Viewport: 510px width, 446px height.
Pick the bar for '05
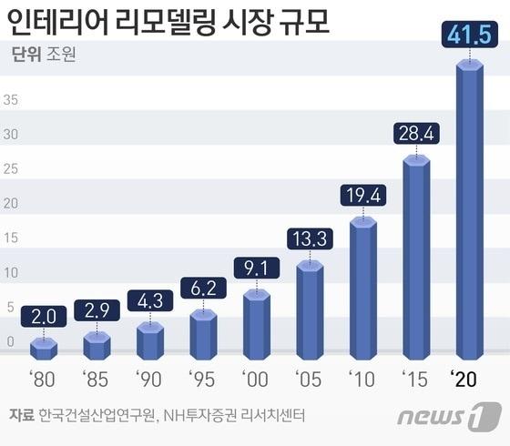(x=310, y=309)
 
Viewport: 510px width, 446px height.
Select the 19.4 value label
(x=362, y=195)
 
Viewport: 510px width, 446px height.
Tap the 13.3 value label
(x=310, y=238)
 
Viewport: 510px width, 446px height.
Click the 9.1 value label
(x=256, y=268)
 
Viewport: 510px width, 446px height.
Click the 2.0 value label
(x=43, y=316)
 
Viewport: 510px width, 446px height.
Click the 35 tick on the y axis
(x=10, y=99)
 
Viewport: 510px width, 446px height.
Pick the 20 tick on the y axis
(x=10, y=204)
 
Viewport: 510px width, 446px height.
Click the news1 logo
(x=449, y=418)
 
